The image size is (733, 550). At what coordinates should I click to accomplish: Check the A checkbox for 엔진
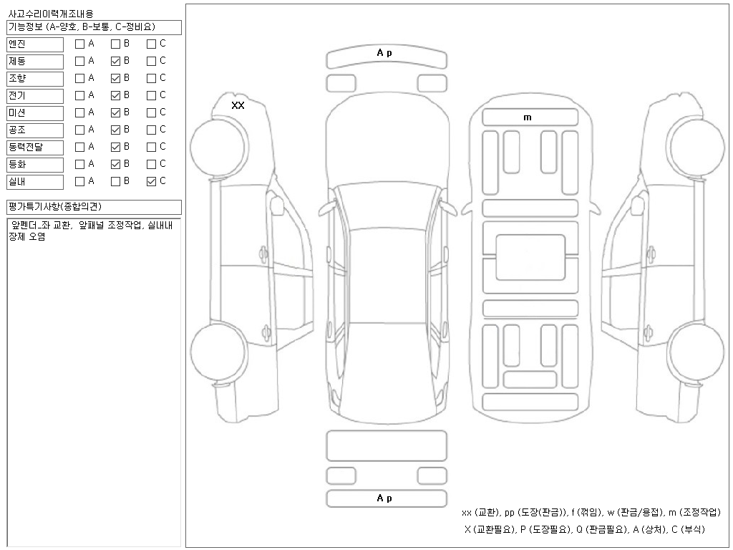(80, 44)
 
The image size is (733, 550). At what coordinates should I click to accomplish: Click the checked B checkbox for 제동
(115, 62)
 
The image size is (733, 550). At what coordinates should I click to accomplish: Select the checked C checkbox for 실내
(152, 181)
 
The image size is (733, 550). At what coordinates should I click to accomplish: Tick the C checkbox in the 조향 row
(152, 79)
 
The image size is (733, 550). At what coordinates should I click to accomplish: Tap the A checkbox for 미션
(80, 112)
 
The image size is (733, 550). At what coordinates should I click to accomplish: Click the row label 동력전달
(26, 147)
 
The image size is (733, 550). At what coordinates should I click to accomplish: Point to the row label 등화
(17, 164)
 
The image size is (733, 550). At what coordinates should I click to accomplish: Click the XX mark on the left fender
(238, 105)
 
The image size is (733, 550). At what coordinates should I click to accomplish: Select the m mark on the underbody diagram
(528, 117)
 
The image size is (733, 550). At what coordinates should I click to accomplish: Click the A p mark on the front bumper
(384, 53)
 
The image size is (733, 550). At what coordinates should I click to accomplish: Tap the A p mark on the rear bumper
(384, 498)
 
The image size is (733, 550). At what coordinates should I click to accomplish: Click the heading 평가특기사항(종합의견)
(54, 206)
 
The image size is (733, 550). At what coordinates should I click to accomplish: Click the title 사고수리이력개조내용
(51, 14)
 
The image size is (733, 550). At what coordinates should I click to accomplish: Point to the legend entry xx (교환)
(481, 513)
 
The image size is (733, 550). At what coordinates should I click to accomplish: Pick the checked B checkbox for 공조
(115, 130)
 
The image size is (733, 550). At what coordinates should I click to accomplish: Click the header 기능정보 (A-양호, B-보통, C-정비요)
(82, 27)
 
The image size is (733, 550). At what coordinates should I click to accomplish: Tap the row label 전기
(17, 95)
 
